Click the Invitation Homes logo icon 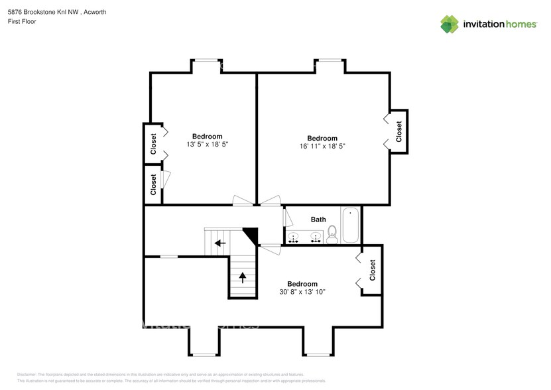click(x=450, y=24)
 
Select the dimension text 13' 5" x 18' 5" click(x=208, y=144)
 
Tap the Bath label click(x=318, y=219)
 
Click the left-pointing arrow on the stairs click(x=219, y=243)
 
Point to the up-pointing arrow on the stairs click(x=243, y=277)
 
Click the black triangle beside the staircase click(x=251, y=234)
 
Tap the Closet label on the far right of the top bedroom click(x=398, y=131)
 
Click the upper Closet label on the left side click(x=153, y=144)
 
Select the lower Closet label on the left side click(x=153, y=184)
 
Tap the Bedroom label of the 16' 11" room click(x=322, y=138)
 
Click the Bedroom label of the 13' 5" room click(x=208, y=136)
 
